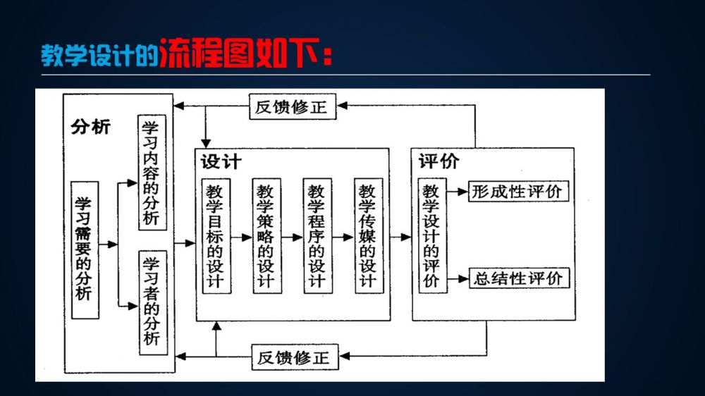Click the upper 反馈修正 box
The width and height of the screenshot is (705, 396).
coord(293,106)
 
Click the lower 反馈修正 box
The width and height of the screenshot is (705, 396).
coord(295,357)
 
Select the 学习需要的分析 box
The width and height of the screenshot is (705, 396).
coord(85,250)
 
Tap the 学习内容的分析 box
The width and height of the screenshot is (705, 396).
coord(152,173)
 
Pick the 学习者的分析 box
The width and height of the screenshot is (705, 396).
coord(153,302)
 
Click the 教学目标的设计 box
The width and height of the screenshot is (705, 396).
coord(216,236)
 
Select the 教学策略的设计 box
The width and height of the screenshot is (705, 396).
coord(267,236)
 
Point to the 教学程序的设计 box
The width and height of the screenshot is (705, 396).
coord(318,236)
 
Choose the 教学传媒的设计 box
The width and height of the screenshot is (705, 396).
coord(369,236)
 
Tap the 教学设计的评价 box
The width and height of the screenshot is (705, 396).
coord(433,236)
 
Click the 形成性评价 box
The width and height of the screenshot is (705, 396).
coord(518,192)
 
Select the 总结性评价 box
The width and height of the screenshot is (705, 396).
coord(520,278)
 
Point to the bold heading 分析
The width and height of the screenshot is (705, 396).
coord(91,128)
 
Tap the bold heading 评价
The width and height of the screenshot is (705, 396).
coord(439,161)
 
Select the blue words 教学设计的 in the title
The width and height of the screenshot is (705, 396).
coord(100,55)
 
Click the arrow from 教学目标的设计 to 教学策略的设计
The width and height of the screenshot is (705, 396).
coord(242,237)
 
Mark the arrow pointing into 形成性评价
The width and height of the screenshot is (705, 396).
coord(458,192)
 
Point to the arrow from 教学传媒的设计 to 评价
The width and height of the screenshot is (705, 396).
coord(400,237)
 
